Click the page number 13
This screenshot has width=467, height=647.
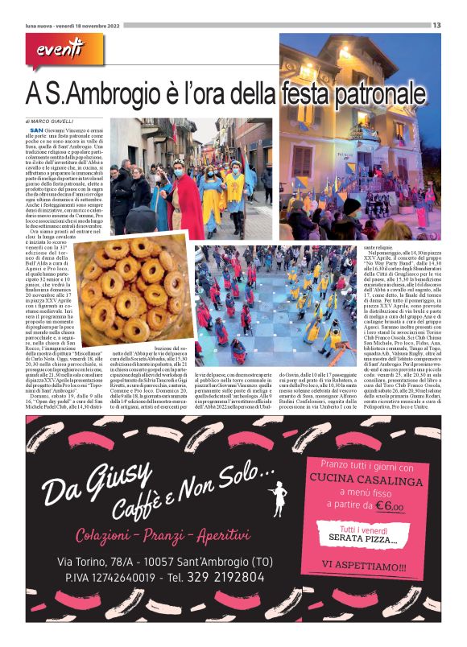point(436,25)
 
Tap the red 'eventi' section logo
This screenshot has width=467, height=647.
point(59,53)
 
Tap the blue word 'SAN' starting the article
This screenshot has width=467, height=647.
point(36,130)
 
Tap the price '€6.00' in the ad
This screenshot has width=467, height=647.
point(388,506)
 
